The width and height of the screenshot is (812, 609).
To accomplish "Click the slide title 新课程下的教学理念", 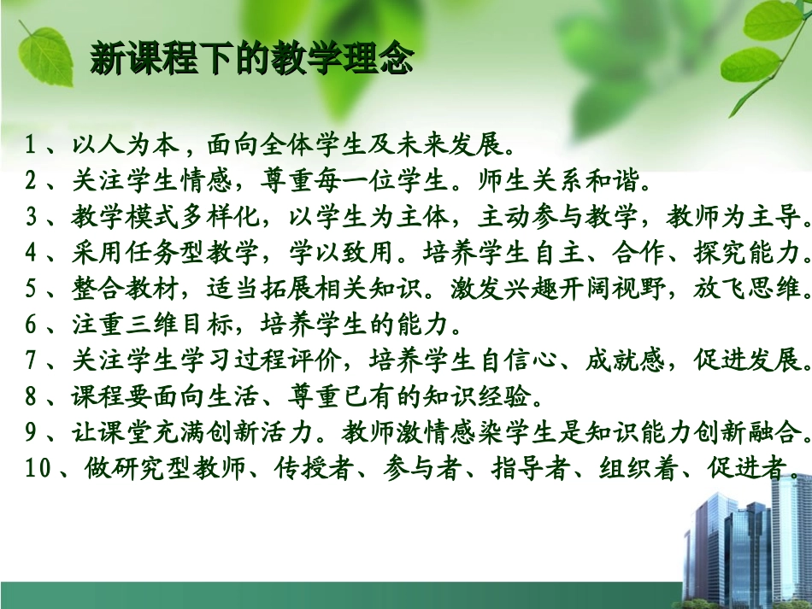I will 252,61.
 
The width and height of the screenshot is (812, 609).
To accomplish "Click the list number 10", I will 38,469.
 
